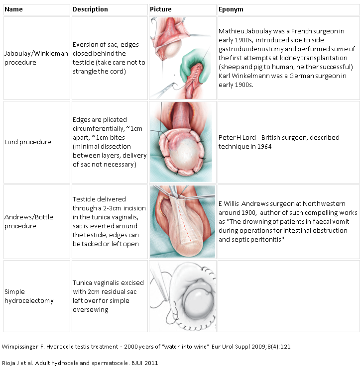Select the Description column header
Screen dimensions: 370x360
tap(90, 9)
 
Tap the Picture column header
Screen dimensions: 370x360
tap(161, 9)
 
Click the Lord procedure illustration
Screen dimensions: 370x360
tap(182, 142)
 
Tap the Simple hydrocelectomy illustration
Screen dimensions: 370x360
tap(182, 296)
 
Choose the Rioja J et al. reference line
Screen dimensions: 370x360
tap(80, 363)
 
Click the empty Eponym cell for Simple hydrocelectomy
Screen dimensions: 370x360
tap(288, 296)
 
